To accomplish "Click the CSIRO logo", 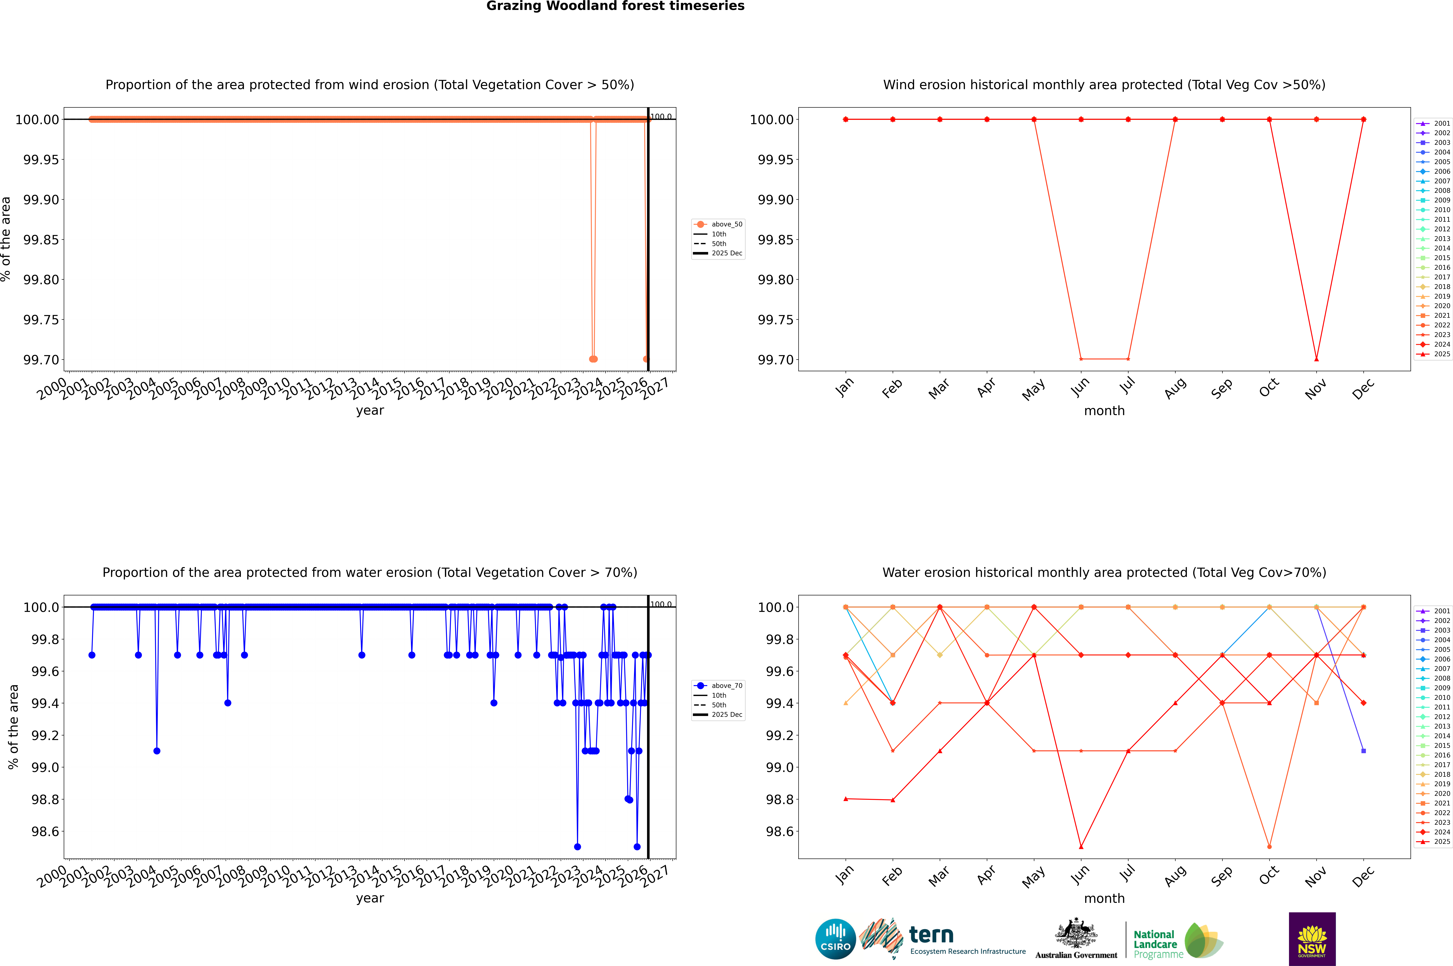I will (835, 939).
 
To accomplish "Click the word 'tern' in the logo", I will (931, 935).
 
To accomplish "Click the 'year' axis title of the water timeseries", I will (370, 898).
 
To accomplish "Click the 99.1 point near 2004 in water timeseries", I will (157, 750).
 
